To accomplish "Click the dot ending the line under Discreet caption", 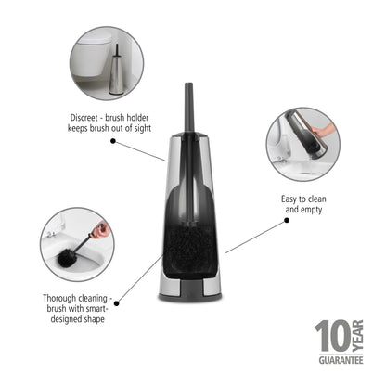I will pyautogui.click(x=162, y=160).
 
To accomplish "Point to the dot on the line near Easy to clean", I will pyautogui.click(x=226, y=251).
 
